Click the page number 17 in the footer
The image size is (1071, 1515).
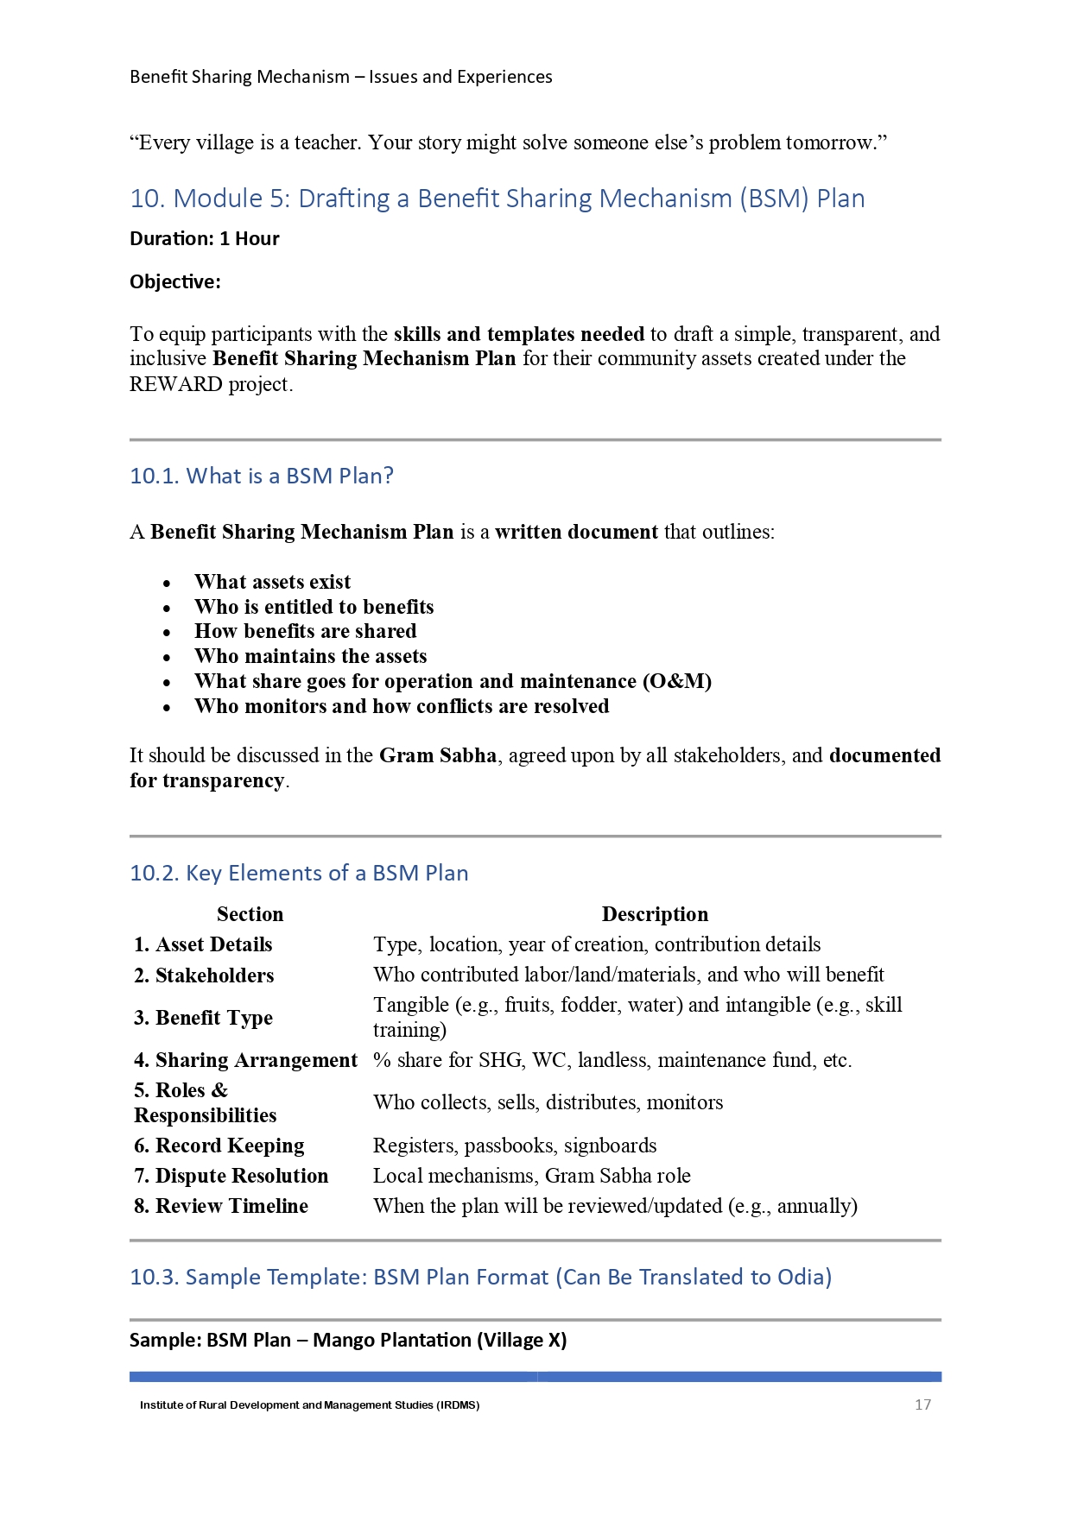(x=922, y=1405)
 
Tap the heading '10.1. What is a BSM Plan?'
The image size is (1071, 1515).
(x=261, y=476)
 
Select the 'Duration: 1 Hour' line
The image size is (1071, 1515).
(x=205, y=239)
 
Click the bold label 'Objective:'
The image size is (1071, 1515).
(x=175, y=282)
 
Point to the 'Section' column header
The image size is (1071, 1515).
(x=250, y=914)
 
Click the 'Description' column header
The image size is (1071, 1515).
(x=655, y=914)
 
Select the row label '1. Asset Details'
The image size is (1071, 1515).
(x=203, y=944)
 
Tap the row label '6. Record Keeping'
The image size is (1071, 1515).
(x=219, y=1146)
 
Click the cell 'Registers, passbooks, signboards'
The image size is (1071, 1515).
(x=515, y=1146)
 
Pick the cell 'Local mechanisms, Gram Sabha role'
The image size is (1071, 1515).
(x=532, y=1176)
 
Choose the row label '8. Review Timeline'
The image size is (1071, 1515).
(x=221, y=1206)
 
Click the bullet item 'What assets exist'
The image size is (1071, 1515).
(x=272, y=582)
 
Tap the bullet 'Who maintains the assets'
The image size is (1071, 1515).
(x=310, y=656)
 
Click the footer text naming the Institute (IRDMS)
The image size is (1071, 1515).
(x=309, y=1405)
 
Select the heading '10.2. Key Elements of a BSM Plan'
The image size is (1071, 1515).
(x=299, y=873)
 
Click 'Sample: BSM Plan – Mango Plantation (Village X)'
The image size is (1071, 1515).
(x=348, y=1340)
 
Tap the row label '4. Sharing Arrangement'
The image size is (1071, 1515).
(x=245, y=1060)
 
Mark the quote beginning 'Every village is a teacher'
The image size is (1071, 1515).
(x=508, y=142)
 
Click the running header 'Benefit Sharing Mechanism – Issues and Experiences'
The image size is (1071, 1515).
(x=341, y=77)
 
